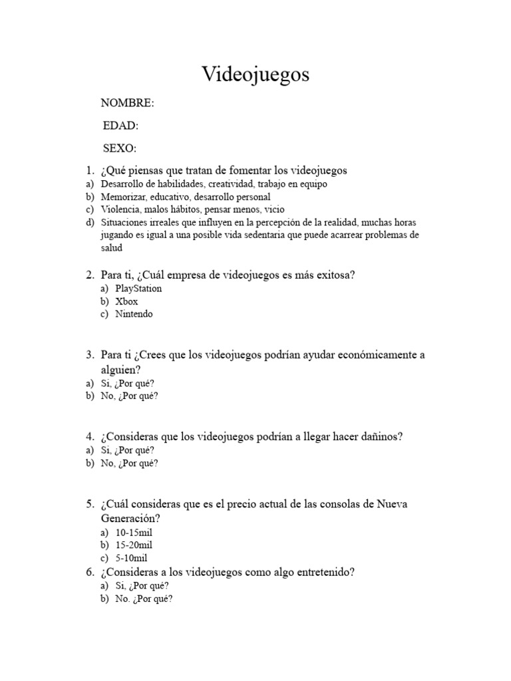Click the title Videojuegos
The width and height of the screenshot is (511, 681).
tap(255, 75)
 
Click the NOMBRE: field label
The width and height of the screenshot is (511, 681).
tap(127, 103)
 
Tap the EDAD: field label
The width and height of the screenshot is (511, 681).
tap(120, 126)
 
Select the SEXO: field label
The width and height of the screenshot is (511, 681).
tap(120, 148)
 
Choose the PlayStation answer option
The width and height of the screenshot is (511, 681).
tap(138, 289)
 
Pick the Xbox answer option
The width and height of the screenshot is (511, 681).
tap(126, 301)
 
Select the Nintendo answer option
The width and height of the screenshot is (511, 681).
tap(134, 314)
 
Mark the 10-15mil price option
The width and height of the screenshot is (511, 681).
tap(136, 533)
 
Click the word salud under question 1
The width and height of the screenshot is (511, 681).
tap(112, 248)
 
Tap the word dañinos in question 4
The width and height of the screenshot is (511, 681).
tap(380, 436)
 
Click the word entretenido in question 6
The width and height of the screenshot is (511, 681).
tap(319, 572)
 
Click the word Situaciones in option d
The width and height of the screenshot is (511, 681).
tap(124, 222)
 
